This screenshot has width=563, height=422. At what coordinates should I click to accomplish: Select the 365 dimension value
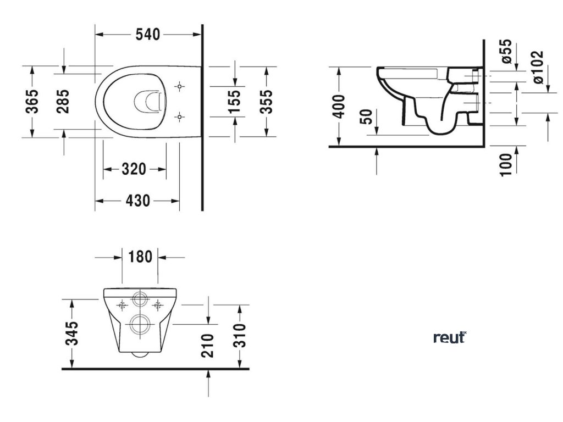(x=34, y=101)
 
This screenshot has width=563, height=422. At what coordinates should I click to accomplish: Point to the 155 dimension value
(x=235, y=102)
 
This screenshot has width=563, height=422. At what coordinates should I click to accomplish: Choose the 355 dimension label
(x=267, y=102)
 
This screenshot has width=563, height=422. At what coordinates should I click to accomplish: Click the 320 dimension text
(x=134, y=169)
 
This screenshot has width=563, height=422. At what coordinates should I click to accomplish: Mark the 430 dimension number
(x=137, y=201)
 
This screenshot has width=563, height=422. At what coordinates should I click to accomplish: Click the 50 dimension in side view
(x=367, y=118)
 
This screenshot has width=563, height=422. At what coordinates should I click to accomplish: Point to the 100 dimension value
(x=506, y=163)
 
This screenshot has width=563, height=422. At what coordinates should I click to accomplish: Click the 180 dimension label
(x=140, y=257)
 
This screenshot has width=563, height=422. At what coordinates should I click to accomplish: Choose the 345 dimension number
(x=74, y=333)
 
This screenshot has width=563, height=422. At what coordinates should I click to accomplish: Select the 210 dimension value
(x=208, y=345)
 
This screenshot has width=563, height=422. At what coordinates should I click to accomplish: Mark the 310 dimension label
(x=240, y=336)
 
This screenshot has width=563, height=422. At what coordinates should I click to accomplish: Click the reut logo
(x=449, y=337)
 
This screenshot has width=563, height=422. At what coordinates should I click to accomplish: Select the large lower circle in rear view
(x=140, y=324)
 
